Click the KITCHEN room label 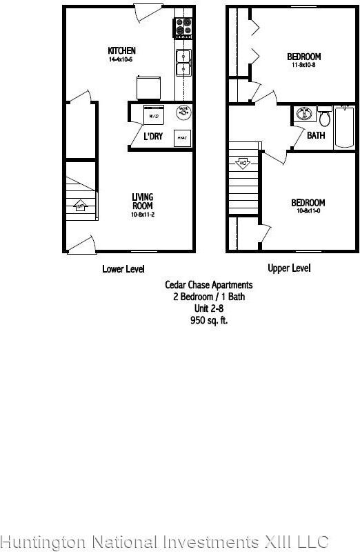point(121,50)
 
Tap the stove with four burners point(183,26)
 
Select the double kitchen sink point(183,62)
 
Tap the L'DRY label point(153,137)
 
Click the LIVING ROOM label point(143,201)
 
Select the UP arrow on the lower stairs point(80,206)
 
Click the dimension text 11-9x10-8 point(304,65)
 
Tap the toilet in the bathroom point(324,114)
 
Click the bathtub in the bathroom point(345,127)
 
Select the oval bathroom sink point(301,115)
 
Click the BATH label point(316,136)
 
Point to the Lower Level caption point(123,269)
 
